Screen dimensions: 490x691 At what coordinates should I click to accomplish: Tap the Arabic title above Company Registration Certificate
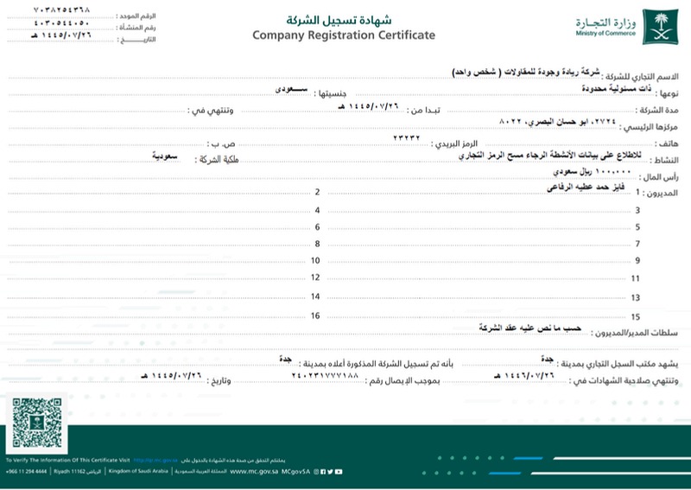[343, 18]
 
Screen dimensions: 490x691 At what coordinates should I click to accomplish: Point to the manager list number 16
[315, 315]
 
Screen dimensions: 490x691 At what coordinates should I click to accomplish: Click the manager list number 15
[636, 317]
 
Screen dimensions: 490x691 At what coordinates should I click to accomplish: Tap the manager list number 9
[637, 260]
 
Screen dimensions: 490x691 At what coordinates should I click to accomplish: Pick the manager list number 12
[315, 277]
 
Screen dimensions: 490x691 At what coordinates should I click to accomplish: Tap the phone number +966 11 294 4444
[25, 472]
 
